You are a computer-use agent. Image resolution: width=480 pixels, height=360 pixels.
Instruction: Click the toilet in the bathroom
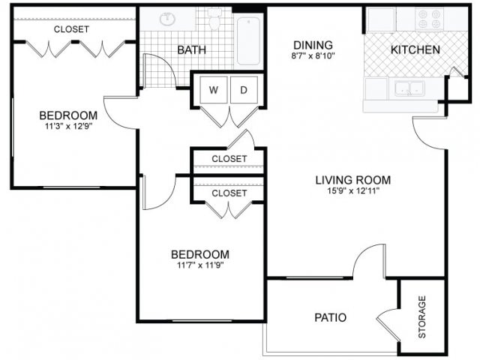click(214, 19)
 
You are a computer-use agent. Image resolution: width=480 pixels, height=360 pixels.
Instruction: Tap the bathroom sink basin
click(167, 19)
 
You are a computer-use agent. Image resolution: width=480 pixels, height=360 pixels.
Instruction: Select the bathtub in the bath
click(248, 41)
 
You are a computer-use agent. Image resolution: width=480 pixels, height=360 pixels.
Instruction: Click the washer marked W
click(214, 90)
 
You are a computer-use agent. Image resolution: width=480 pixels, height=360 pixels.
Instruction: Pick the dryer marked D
click(244, 90)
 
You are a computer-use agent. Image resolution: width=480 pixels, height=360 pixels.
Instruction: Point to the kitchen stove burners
click(428, 19)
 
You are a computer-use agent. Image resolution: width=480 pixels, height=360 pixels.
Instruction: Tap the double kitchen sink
click(410, 88)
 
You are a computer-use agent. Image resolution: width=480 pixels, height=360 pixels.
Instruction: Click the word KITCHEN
click(415, 50)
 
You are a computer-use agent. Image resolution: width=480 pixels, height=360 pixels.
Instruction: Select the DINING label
click(313, 45)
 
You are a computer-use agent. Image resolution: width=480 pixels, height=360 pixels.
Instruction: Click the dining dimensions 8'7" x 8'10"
click(313, 56)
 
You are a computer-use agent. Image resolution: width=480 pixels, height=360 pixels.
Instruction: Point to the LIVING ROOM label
click(353, 180)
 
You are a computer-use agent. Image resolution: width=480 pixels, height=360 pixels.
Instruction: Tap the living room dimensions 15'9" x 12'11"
click(353, 191)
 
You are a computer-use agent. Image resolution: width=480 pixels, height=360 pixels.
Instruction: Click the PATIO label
click(331, 317)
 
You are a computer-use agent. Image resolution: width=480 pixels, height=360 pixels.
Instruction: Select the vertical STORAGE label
click(422, 316)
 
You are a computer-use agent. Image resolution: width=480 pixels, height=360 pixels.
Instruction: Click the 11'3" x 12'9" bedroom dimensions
click(69, 126)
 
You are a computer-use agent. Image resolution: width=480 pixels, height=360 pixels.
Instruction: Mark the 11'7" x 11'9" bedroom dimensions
click(200, 265)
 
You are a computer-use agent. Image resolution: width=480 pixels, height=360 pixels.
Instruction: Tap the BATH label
click(192, 50)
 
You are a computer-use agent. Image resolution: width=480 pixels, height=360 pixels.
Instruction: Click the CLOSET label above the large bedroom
click(72, 29)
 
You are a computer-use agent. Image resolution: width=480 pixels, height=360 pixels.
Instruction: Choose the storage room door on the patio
click(388, 325)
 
